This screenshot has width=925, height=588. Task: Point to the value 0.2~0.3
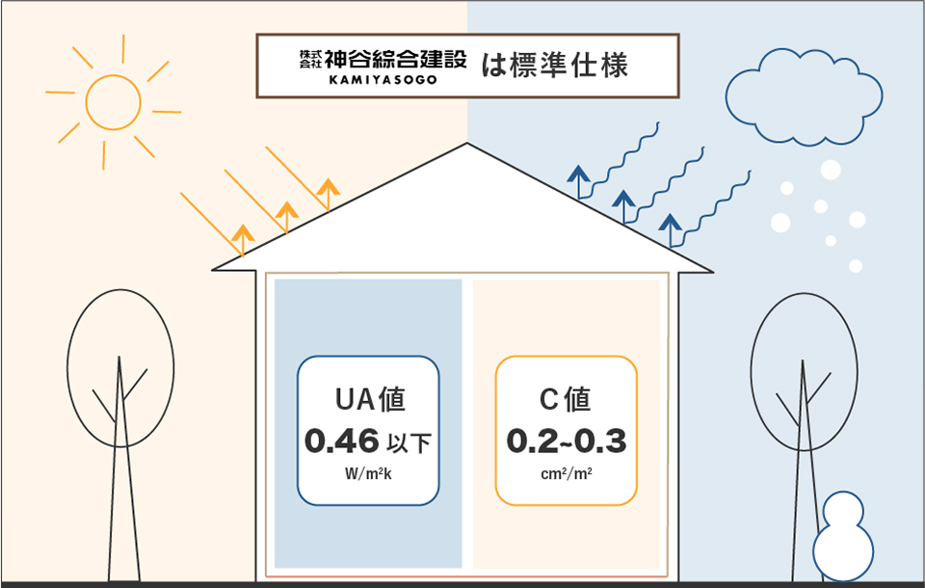[566, 441]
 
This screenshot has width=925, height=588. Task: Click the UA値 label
[368, 399]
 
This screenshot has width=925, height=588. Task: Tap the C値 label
[566, 399]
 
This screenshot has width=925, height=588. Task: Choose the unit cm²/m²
[566, 473]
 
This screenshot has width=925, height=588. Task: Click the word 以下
[408, 444]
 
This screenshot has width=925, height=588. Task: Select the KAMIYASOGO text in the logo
[383, 80]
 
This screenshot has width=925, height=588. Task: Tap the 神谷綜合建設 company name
[395, 59]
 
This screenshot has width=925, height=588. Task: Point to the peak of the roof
[467, 146]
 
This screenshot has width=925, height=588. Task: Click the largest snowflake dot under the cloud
[831, 171]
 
